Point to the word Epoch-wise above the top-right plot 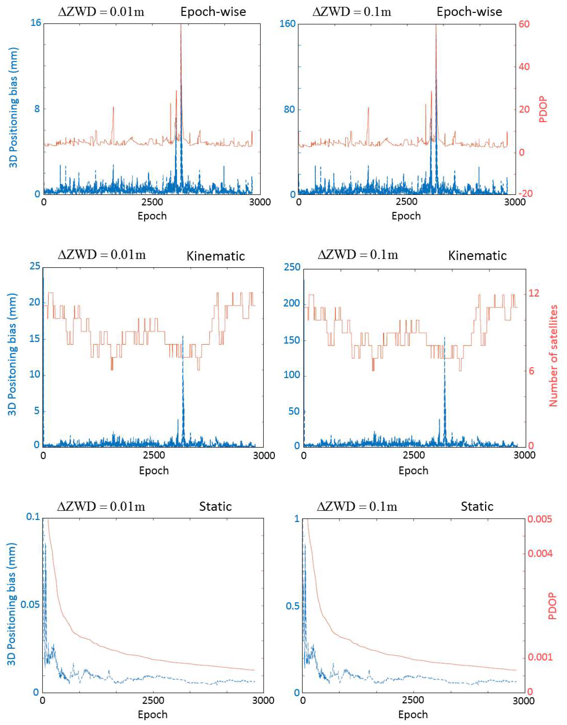[x=469, y=12]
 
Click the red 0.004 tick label [x=540, y=554]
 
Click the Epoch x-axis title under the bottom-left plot [x=152, y=714]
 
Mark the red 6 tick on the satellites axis [x=531, y=371]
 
